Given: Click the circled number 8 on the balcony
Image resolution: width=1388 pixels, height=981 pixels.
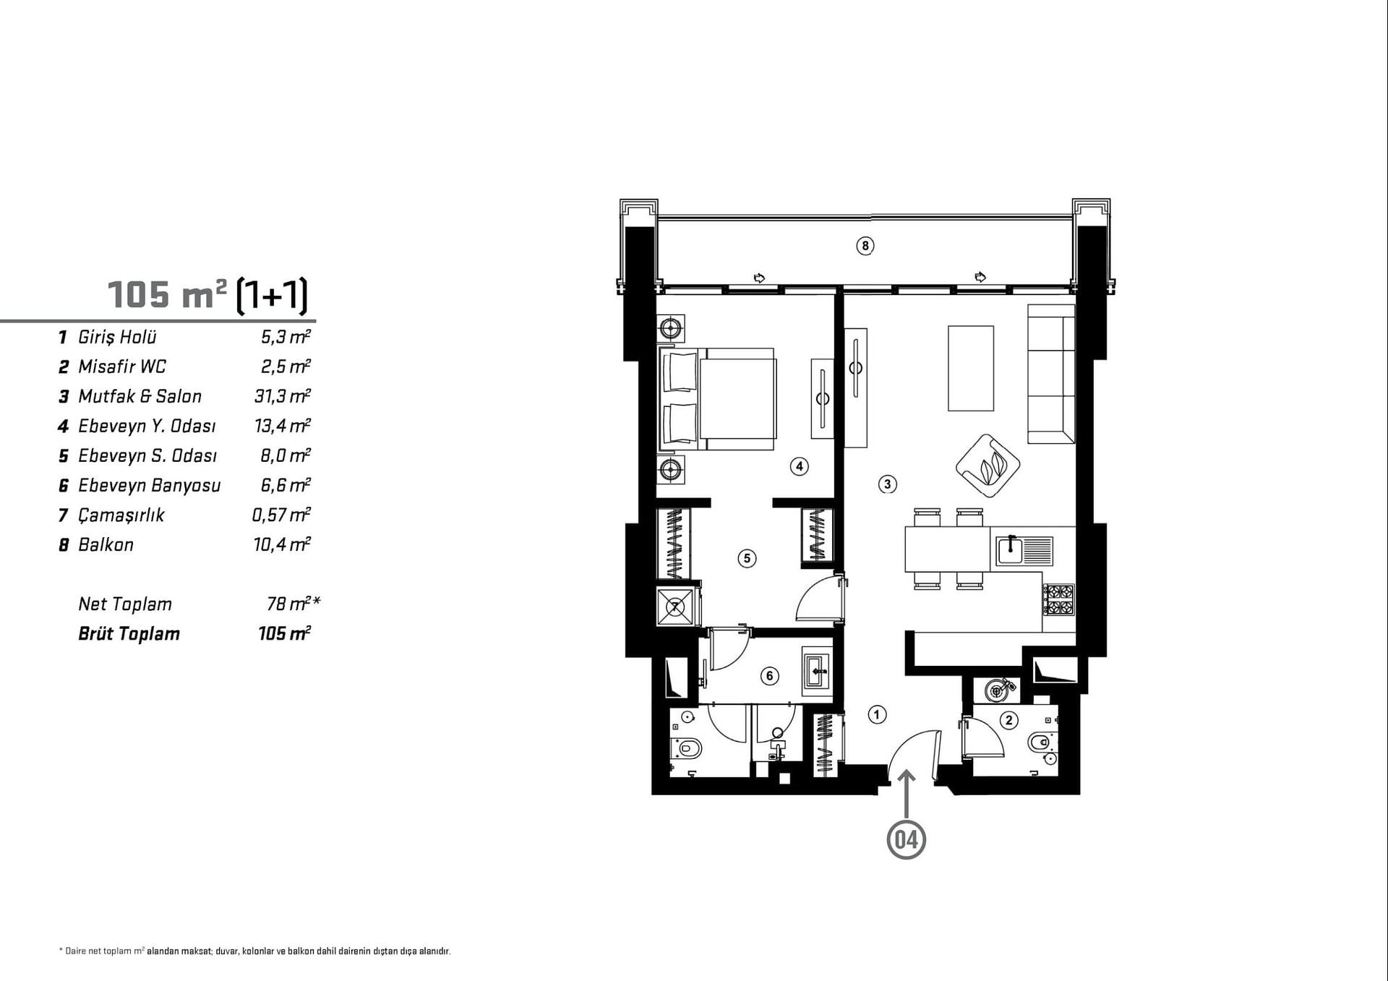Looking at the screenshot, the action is pyautogui.click(x=865, y=246).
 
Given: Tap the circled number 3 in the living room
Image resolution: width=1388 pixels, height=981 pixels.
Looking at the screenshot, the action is pyautogui.click(x=887, y=484).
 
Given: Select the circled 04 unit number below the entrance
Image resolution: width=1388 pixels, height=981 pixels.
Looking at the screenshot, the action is pyautogui.click(x=906, y=840).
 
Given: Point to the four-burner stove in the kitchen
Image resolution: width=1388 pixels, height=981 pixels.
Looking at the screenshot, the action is pyautogui.click(x=1058, y=599).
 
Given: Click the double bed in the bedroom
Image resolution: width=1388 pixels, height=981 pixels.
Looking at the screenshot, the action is pyautogui.click(x=716, y=399).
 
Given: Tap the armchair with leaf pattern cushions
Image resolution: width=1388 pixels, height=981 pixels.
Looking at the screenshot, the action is pyautogui.click(x=988, y=466).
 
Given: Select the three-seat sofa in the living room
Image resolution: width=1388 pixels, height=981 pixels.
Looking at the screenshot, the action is pyautogui.click(x=1051, y=374).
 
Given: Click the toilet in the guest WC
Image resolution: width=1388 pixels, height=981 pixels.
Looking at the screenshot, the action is pyautogui.click(x=1042, y=742).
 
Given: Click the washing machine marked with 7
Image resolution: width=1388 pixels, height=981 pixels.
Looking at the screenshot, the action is pyautogui.click(x=676, y=606).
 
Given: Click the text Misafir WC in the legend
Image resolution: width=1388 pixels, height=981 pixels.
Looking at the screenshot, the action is pyautogui.click(x=122, y=367).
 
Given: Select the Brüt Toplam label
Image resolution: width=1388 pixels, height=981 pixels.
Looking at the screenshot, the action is pyautogui.click(x=129, y=634).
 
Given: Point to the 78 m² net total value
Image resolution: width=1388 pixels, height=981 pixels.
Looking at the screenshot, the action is pyautogui.click(x=294, y=603).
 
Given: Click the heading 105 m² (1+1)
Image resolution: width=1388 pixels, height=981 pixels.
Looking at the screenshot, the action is pyautogui.click(x=208, y=294).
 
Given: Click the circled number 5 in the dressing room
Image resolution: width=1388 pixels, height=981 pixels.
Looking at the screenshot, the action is pyautogui.click(x=747, y=558).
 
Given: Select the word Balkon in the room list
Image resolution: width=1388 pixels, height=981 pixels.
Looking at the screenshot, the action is pyautogui.click(x=106, y=544).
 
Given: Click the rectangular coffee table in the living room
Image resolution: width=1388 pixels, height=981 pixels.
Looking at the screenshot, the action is pyautogui.click(x=971, y=368).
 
